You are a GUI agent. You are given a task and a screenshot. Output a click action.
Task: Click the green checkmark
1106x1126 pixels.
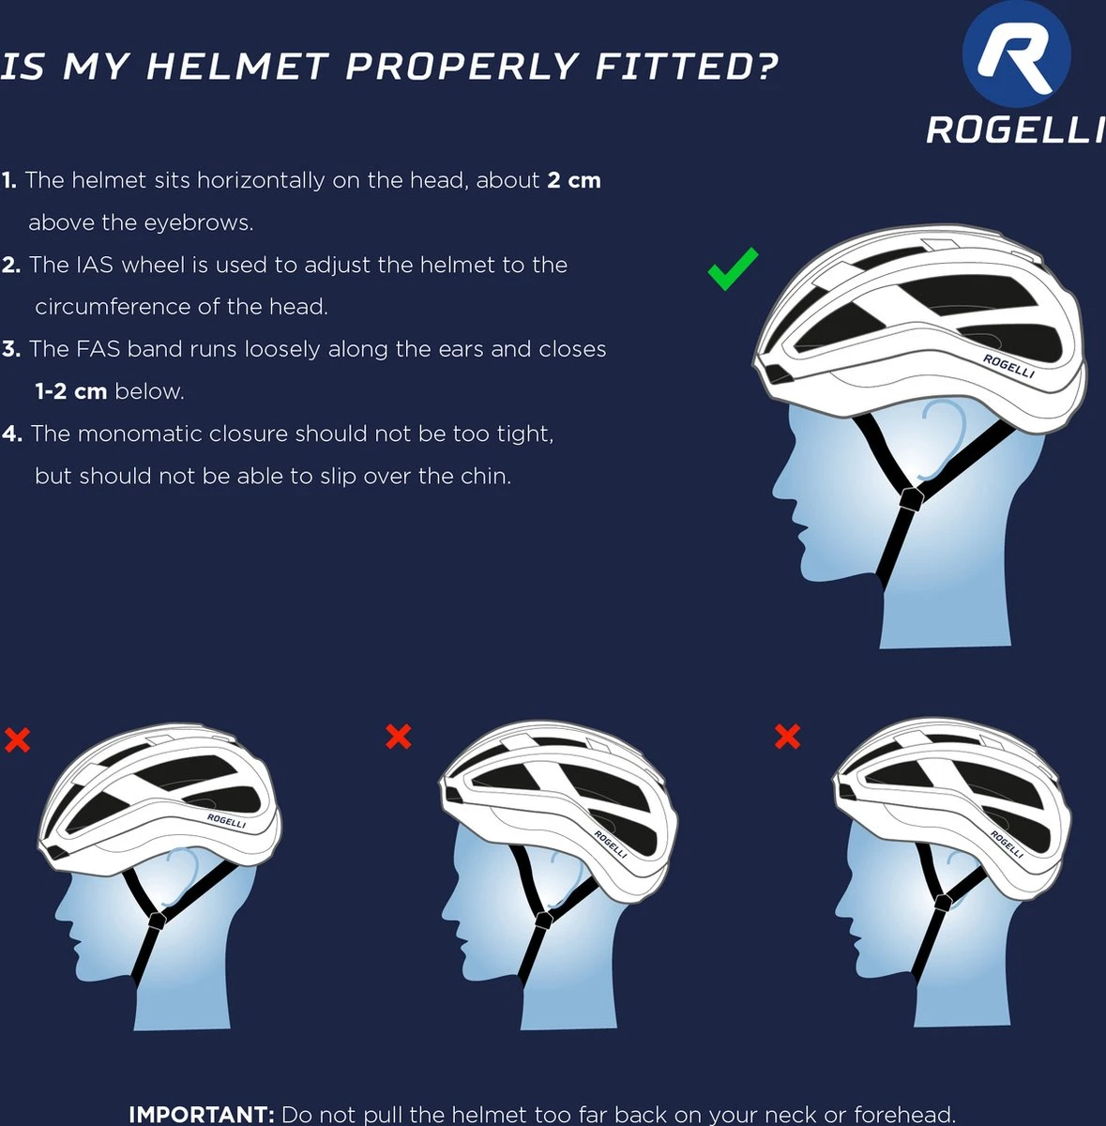point(732,269)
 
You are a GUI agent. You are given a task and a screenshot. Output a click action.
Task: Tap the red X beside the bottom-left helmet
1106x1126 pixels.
point(17,739)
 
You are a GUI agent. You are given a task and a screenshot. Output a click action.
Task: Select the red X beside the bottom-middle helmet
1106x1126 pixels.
point(399,737)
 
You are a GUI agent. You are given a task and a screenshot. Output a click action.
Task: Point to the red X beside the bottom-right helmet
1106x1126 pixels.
point(787,737)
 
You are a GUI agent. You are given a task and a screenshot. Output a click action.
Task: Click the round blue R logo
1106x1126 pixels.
point(1017,55)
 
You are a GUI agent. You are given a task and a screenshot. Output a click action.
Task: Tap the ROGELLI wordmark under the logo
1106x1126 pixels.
point(1015,129)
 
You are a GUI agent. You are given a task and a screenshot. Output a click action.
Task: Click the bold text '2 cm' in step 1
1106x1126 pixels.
point(574,180)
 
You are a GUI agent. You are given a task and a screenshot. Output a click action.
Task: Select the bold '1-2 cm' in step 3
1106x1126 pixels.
point(71,391)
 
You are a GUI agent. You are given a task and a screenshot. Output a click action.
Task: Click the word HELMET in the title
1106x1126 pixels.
point(236,66)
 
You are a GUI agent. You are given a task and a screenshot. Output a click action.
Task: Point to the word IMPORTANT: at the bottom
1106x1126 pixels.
point(202,1114)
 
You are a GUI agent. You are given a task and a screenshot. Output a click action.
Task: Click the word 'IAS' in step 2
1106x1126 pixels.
point(96,265)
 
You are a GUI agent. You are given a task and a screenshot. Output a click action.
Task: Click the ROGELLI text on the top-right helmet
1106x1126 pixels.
point(1008,366)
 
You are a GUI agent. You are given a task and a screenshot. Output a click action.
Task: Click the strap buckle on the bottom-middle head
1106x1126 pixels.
point(543,920)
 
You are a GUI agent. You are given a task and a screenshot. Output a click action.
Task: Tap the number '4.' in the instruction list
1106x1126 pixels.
point(11,434)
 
